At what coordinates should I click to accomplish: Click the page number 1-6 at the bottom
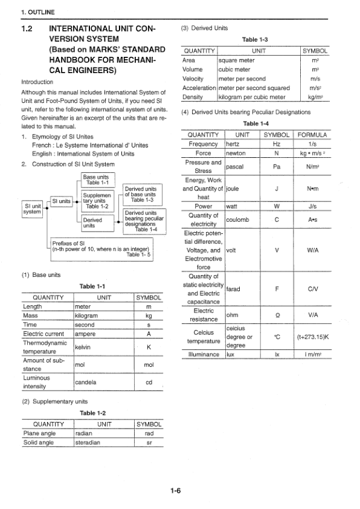175,490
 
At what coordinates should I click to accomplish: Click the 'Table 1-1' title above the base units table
92,286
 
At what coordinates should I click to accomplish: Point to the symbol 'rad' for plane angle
148,433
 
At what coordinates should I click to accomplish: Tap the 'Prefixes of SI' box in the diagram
101,248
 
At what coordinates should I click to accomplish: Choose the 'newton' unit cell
236,154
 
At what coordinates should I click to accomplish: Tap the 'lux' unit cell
230,354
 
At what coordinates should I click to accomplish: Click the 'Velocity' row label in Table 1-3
193,79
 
